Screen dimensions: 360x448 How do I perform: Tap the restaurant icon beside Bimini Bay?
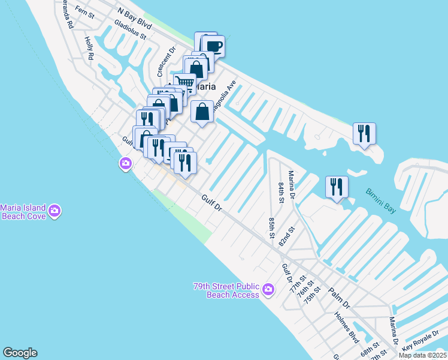pyautogui.click(x=337, y=187)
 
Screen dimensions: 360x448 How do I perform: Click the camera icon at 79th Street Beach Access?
pyautogui.click(x=268, y=290)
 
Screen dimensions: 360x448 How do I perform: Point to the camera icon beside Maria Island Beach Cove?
pyautogui.click(x=55, y=210)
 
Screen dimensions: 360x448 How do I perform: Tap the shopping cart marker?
pyautogui.click(x=185, y=83)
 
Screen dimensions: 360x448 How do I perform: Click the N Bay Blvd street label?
pyautogui.click(x=135, y=20)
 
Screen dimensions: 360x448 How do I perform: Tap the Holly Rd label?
pyautogui.click(x=90, y=48)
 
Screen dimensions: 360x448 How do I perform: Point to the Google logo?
pyautogui.click(x=20, y=353)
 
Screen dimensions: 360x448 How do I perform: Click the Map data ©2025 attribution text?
pyautogui.click(x=422, y=355)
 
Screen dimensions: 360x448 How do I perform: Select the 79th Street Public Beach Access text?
pyautogui.click(x=226, y=290)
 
